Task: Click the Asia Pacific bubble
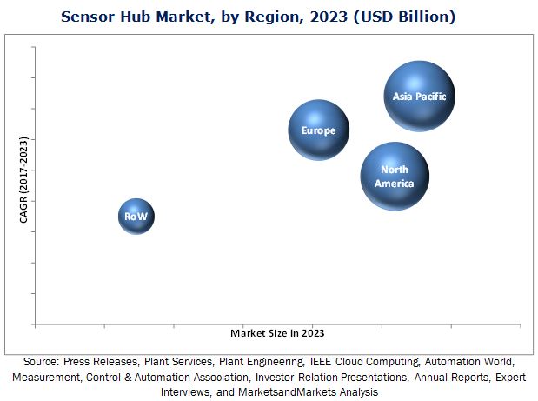click(x=419, y=96)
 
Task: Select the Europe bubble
click(x=318, y=130)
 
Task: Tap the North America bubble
click(x=395, y=177)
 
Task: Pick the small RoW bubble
click(x=136, y=216)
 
